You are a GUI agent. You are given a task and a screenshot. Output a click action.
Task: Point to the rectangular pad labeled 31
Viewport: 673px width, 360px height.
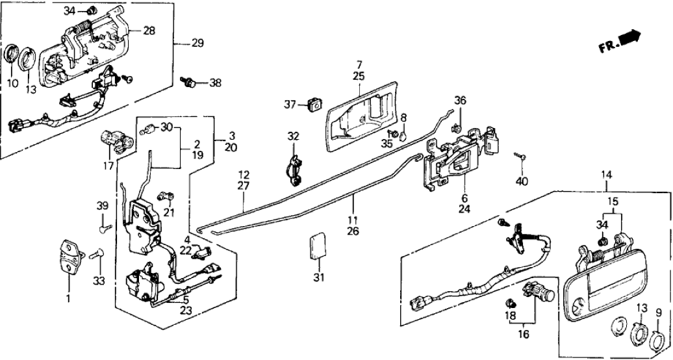[x=317, y=245]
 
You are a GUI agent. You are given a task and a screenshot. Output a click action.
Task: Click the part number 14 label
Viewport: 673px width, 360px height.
[x=606, y=175]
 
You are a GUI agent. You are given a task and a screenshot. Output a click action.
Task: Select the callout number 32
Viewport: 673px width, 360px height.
[x=294, y=138]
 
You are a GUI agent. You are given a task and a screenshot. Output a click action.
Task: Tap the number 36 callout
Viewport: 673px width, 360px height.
[x=460, y=101]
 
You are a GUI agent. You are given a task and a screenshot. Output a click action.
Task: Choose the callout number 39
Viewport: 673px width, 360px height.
[x=103, y=206]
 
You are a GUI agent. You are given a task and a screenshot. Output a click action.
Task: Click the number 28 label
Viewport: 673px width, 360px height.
[x=149, y=31]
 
